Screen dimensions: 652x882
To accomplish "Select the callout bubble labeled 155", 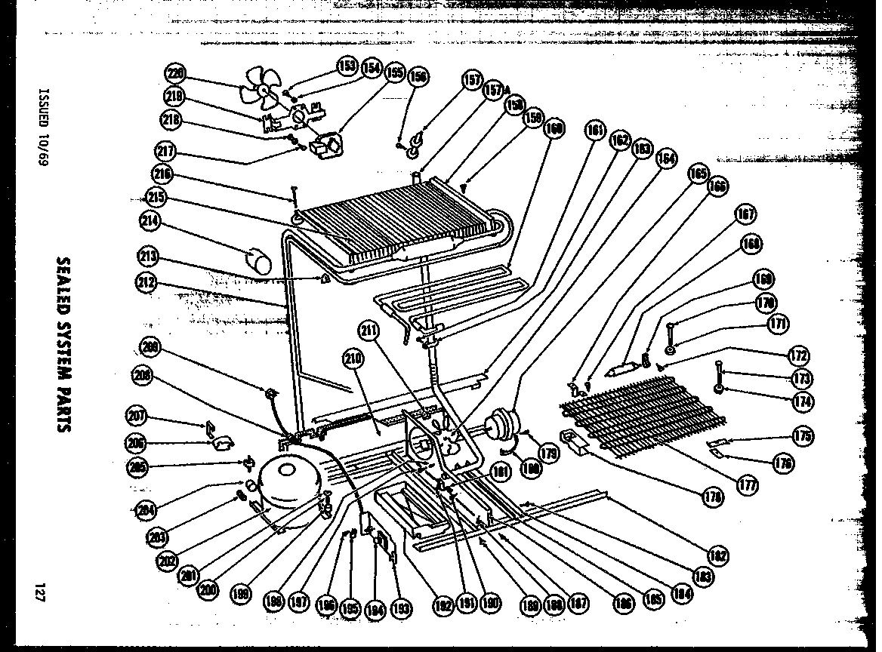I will pyautogui.click(x=393, y=72).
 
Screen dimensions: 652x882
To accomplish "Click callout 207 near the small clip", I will pyautogui.click(x=137, y=416).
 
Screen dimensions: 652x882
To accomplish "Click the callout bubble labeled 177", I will pyautogui.click(x=748, y=485).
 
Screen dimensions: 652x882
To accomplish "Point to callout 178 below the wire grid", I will pyautogui.click(x=711, y=496).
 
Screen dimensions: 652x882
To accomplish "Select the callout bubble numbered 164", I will pyautogui.click(x=666, y=158).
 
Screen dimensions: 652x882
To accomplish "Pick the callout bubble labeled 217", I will pyautogui.click(x=165, y=152).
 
